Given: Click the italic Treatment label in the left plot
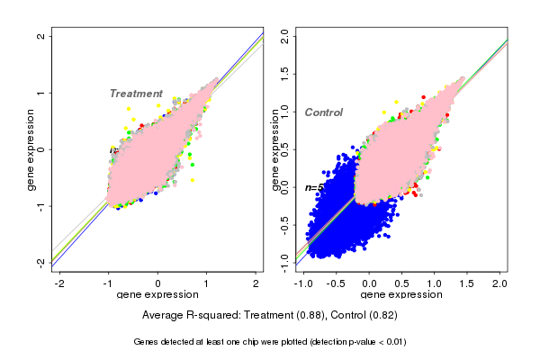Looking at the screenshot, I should (136, 94).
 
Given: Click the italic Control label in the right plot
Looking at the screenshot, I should (324, 112).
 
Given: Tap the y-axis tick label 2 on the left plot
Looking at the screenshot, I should (41, 36).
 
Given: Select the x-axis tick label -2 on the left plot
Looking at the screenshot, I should (59, 283).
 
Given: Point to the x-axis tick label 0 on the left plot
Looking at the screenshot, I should (157, 283).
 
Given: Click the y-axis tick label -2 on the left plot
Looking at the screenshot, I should (41, 262).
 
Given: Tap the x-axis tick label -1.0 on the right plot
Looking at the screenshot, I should (304, 283).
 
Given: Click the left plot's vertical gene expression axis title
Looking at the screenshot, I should (31, 149).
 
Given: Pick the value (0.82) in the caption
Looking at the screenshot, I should (380, 316).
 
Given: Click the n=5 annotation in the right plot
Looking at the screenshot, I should (314, 188).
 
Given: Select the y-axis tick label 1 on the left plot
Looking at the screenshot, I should (41, 93).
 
